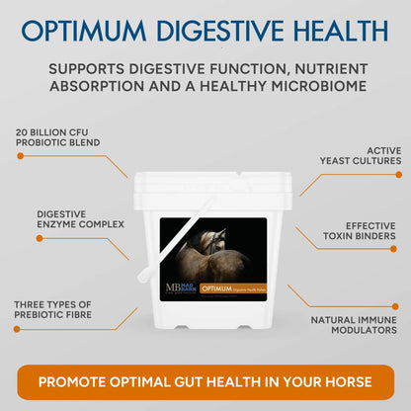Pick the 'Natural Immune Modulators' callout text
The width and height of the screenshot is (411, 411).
[354, 326]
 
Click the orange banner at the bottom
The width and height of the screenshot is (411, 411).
[205, 381]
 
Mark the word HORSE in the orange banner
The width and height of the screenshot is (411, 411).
[345, 381]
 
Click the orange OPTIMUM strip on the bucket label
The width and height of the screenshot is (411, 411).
[232, 288]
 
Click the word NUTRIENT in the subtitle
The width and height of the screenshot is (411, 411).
[327, 69]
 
